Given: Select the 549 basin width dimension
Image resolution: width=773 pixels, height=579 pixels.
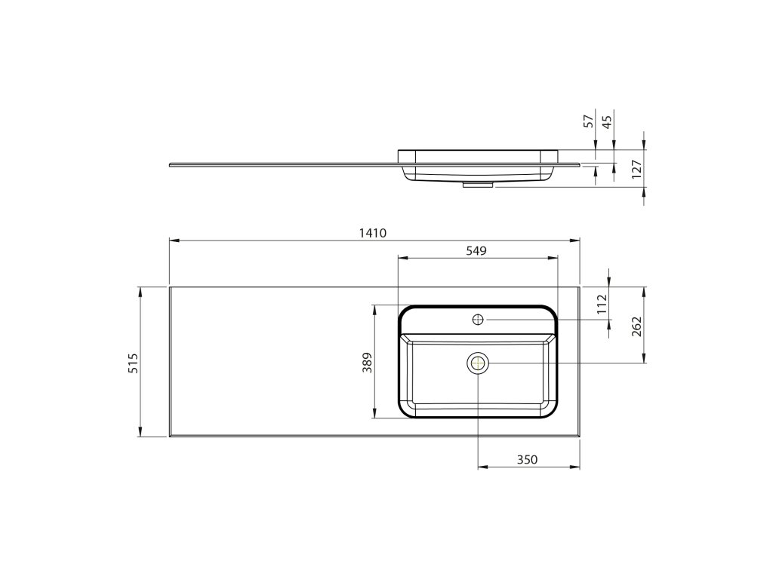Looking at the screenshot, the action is pos(476,250).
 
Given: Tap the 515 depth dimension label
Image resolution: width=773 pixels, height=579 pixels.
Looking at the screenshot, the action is pos(134,363).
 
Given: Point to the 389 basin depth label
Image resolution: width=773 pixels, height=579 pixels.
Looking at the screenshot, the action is pos(368,363).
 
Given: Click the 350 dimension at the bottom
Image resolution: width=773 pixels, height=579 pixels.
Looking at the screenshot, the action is pos(527,460).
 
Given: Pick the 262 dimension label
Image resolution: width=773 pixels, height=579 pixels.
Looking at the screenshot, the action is pos(636,326).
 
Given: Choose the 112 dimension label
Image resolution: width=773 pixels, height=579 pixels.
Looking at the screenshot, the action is pos(602,304).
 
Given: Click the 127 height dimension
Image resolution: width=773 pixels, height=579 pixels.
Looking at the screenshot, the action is pos(636,169).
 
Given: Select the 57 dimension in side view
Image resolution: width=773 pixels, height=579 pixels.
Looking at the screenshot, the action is pos(588,121).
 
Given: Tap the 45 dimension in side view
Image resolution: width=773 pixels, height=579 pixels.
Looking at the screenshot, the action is pos(607,121).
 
